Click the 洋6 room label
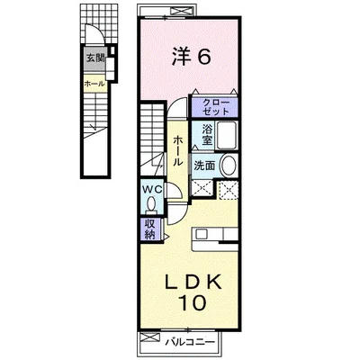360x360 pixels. coord(191,57)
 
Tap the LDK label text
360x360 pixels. coord(194,282)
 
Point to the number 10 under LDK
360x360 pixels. coord(193,302)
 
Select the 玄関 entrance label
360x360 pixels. coord(94,58)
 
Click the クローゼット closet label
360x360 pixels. coord(215,107)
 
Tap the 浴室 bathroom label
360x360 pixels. coord(207,134)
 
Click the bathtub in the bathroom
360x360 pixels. coord(227,135)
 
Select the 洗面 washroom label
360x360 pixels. coord(204,166)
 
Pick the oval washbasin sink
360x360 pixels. coord(229,166)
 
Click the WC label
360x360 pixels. coord(152,189)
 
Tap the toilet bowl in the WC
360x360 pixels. coord(151,204)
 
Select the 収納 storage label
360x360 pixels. coord(149,229)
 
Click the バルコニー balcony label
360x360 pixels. coord(191,341)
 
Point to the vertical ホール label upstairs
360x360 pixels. coord(177,151)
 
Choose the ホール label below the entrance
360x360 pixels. coord(94,84)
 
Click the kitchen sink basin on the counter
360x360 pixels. coord(200,234)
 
